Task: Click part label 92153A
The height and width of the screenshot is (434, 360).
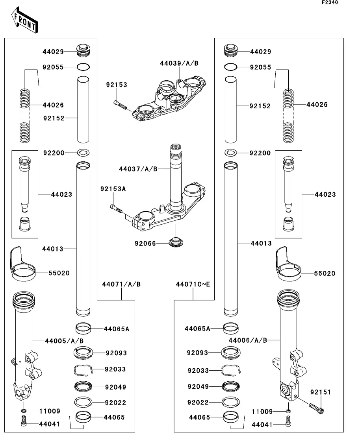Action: pos(113,189)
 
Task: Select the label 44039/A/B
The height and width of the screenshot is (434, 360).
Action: pos(179,63)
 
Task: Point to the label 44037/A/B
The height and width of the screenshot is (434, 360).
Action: pos(138,169)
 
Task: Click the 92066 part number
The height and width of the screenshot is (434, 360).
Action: pos(146,244)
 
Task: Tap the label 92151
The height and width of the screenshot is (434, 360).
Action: pos(321,392)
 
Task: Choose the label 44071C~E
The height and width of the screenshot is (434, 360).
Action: pos(193,284)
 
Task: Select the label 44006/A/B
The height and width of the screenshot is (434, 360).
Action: pos(248,340)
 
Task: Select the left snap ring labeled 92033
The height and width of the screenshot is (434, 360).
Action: pos(84,369)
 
